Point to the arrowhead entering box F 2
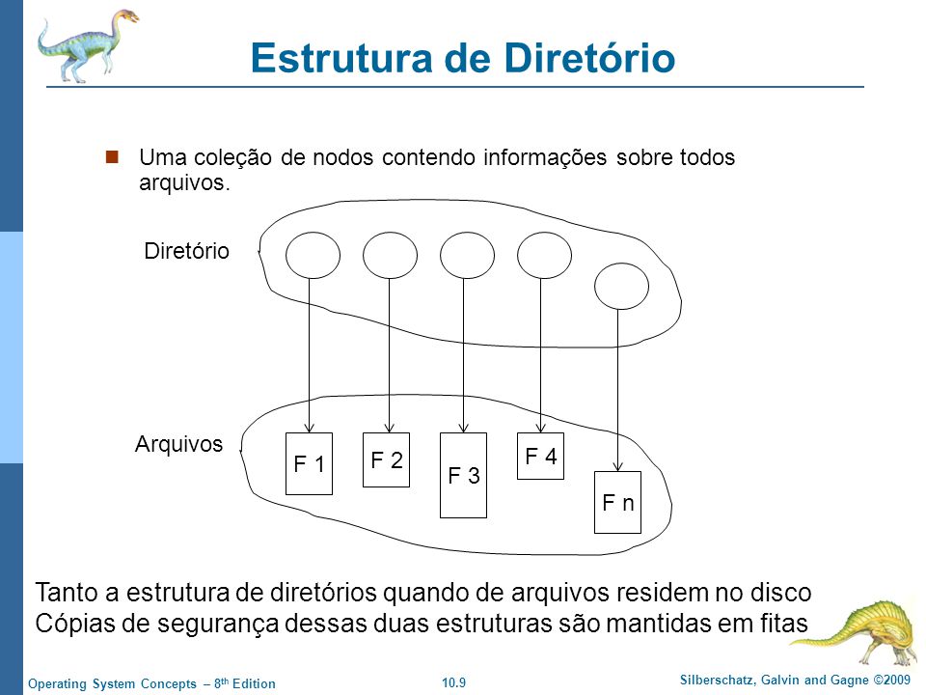point(389,428)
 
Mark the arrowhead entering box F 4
point(540,428)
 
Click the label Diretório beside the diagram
point(186,251)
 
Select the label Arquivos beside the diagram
point(179,444)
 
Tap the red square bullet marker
point(112,156)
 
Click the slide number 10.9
point(453,682)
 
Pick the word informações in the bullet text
point(545,157)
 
